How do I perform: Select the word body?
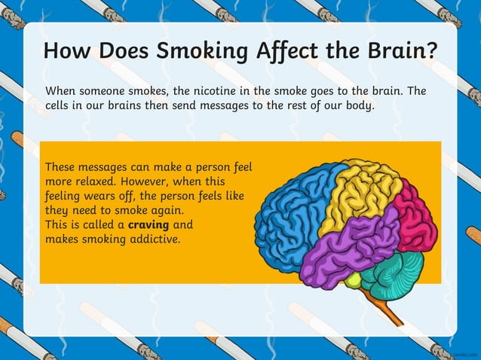[355, 105]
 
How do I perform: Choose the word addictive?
[155, 239]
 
